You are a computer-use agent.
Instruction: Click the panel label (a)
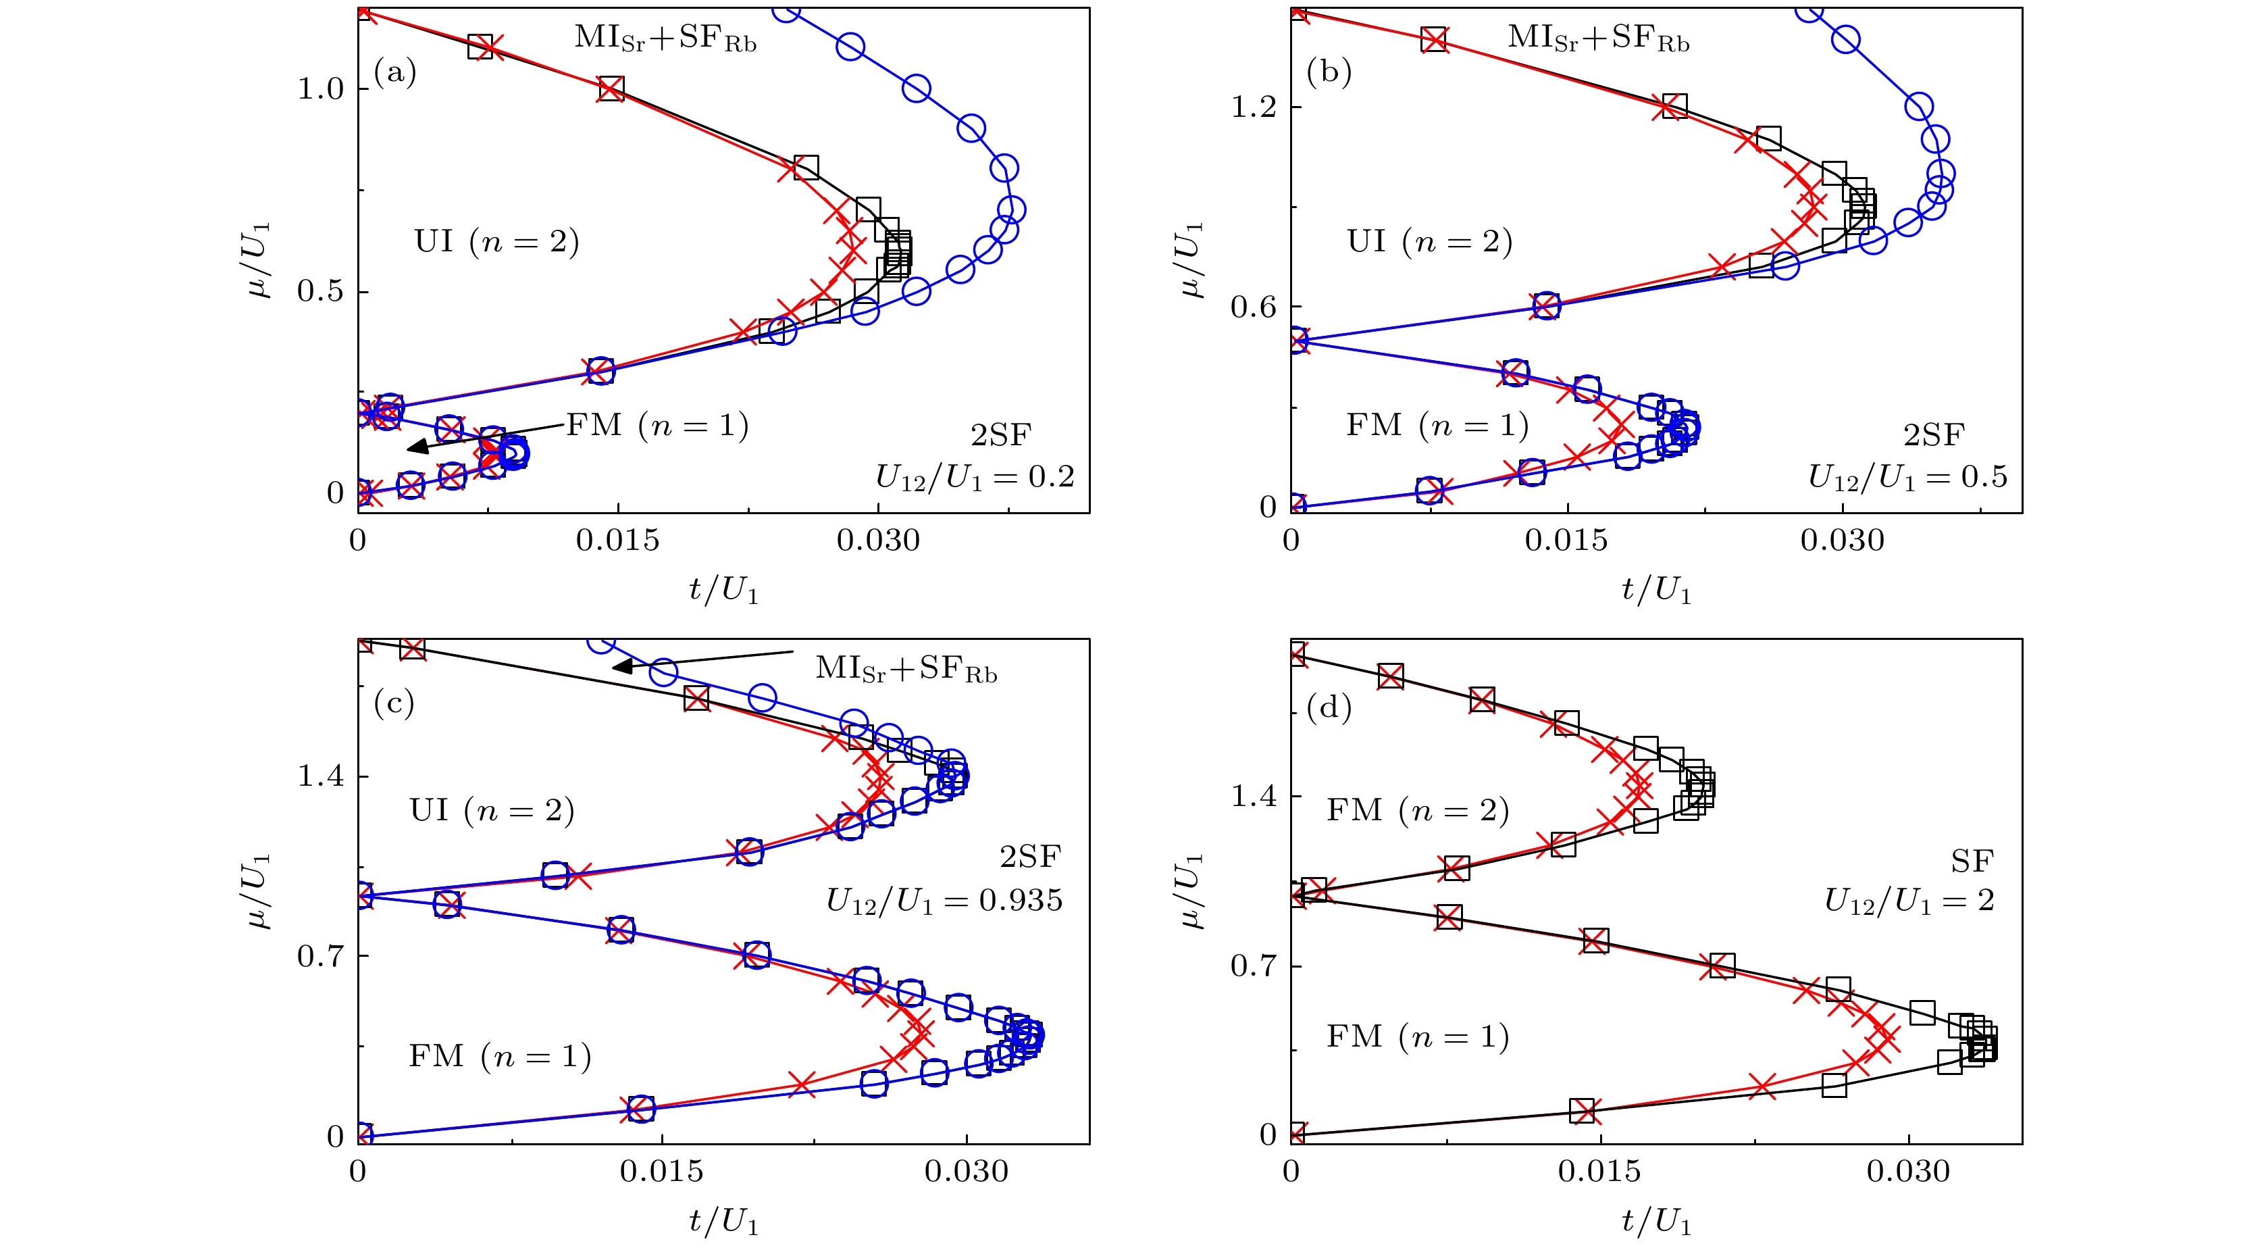coord(395,72)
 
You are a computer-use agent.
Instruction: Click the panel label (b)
coord(1329,72)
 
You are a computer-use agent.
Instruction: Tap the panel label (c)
coord(394,703)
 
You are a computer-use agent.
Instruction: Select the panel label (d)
coord(1329,707)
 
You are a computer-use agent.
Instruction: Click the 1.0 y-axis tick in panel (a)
coord(320,89)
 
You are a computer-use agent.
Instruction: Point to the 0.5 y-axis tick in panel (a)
coord(320,291)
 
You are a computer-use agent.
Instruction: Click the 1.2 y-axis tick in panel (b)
coord(1254,107)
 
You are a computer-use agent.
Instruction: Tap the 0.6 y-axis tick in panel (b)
coord(1254,307)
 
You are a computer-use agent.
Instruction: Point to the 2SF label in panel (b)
coord(1934,435)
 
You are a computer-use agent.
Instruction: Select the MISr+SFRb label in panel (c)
coord(906,669)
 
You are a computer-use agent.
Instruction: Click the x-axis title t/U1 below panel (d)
coord(1655,1222)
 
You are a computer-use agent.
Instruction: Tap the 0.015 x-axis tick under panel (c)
coord(661,1172)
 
